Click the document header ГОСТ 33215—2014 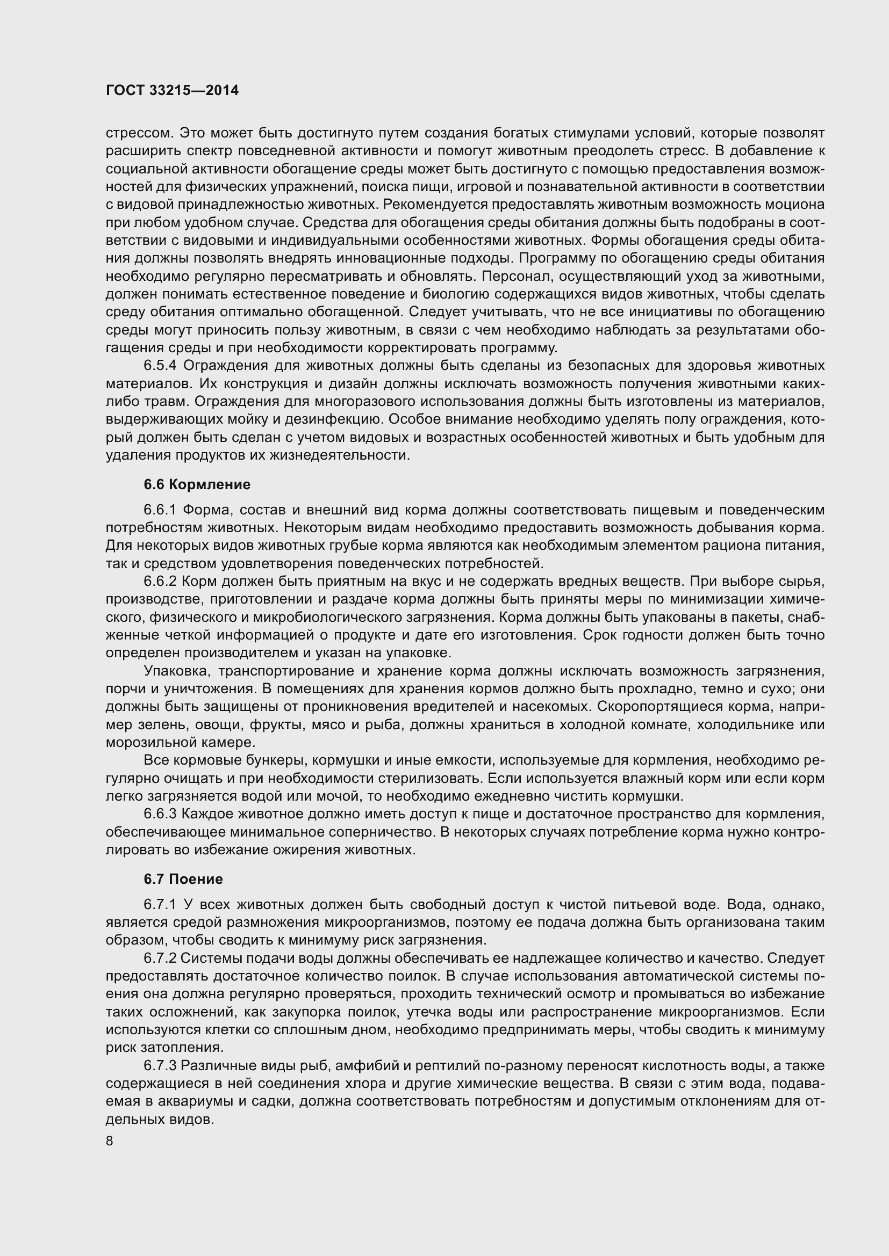(x=172, y=91)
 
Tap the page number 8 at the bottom (x=110, y=1141)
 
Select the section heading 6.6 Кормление (x=197, y=484)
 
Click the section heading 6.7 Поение (x=183, y=879)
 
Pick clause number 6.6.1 (x=160, y=510)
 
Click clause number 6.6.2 (x=160, y=581)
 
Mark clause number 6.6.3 (x=160, y=814)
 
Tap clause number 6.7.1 (x=160, y=904)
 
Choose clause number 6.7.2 (x=160, y=959)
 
